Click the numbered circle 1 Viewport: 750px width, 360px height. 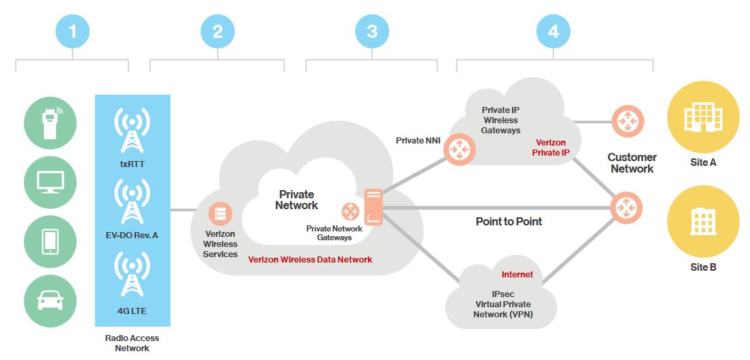coord(72,30)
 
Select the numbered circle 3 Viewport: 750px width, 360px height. coord(372,30)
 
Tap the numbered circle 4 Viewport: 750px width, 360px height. coord(553,30)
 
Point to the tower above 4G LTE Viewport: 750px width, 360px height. coord(132,274)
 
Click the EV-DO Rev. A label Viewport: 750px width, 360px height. coord(132,235)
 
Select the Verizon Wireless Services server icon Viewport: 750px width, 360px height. coord(220,213)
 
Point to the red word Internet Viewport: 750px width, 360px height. coord(517,275)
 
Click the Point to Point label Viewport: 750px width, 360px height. coord(509,221)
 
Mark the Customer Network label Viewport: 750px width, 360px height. coord(632,163)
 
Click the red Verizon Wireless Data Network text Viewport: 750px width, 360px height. coord(310,260)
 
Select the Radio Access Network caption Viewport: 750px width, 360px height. coord(132,343)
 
